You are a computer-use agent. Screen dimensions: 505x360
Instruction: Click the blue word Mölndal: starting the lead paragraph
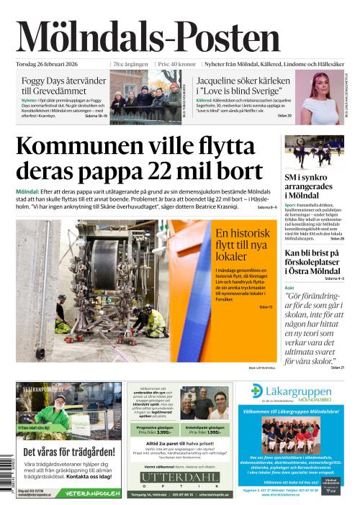pyautogui.click(x=27, y=191)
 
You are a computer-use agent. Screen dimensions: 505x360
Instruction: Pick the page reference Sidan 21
pyautogui.click(x=338, y=368)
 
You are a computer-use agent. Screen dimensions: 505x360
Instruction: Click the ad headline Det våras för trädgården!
pyautogui.click(x=69, y=452)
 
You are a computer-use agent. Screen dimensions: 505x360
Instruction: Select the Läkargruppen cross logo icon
pyautogui.click(x=257, y=391)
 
